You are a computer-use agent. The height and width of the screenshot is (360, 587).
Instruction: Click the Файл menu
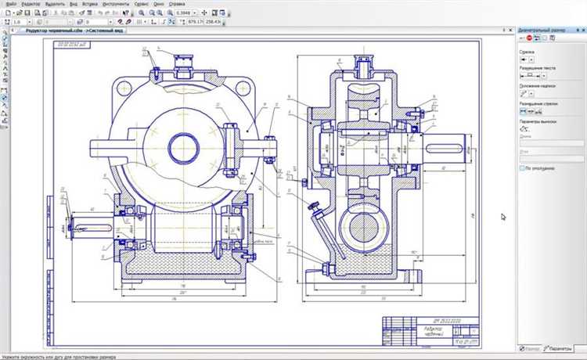coord(9,4)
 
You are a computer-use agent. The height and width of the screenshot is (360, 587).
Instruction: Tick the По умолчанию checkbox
coord(523,167)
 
